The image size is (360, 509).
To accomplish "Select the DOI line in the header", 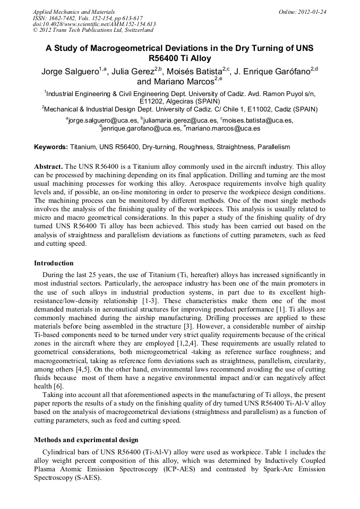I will pyautogui.click(x=95, y=24).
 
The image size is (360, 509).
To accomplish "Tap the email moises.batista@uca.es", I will pyautogui.click(x=256, y=120).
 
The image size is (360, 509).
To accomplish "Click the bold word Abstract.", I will pyautogui.click(x=48, y=166).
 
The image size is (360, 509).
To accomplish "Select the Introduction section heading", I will pyautogui.click(x=54, y=263).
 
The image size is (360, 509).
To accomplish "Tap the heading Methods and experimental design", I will pyautogui.click(x=86, y=440).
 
